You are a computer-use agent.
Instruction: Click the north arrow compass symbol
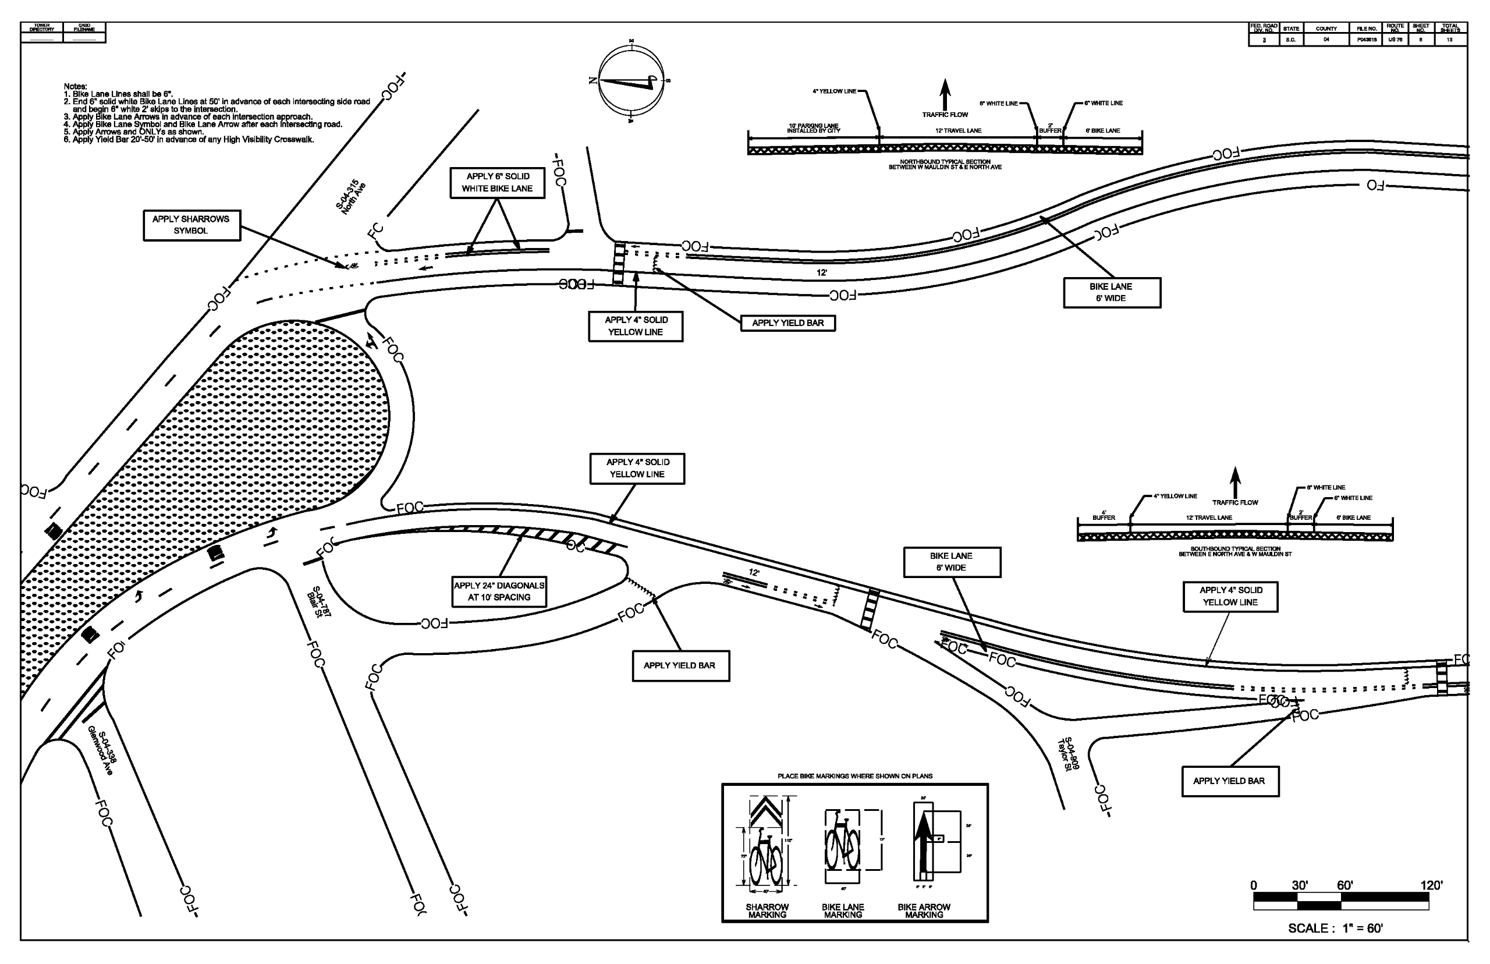click(x=631, y=80)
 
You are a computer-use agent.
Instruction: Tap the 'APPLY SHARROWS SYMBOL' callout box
click(x=191, y=225)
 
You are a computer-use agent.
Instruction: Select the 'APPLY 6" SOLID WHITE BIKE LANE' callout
click(x=497, y=183)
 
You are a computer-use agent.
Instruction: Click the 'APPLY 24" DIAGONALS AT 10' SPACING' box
click(x=499, y=591)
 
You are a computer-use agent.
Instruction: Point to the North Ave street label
click(x=350, y=198)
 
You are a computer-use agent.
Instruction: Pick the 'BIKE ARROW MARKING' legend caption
click(x=924, y=911)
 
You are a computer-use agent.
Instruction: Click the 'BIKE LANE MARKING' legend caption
click(x=843, y=911)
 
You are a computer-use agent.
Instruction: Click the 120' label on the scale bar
click(x=1431, y=886)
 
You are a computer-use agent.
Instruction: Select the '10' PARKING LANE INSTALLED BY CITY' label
click(x=814, y=128)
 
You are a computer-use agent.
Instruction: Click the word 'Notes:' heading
click(x=75, y=86)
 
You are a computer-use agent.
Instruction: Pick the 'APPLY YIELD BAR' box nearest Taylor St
click(x=1230, y=781)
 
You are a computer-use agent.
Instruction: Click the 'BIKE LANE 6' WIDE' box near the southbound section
click(x=951, y=562)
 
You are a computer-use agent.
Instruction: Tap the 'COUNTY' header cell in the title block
click(x=1326, y=29)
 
